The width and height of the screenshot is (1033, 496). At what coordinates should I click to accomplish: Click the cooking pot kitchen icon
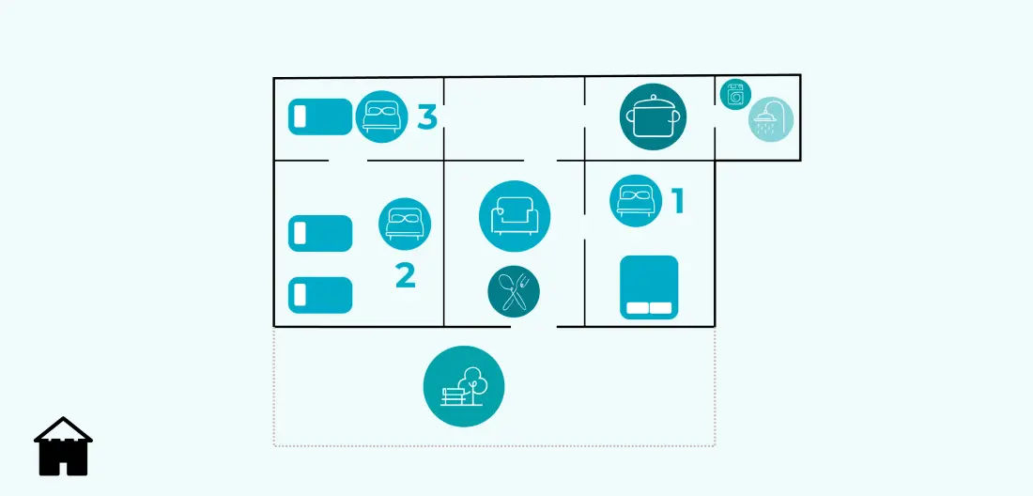pyautogui.click(x=653, y=116)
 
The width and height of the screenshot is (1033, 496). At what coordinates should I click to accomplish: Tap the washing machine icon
pyautogui.click(x=735, y=95)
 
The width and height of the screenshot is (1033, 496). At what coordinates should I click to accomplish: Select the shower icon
pyautogui.click(x=771, y=119)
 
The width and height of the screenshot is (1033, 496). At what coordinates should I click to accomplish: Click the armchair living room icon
pyautogui.click(x=515, y=216)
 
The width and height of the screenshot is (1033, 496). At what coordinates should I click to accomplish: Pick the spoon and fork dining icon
pyautogui.click(x=514, y=291)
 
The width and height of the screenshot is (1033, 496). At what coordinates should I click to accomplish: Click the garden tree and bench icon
pyautogui.click(x=464, y=387)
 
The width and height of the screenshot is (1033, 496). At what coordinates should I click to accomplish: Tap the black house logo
pyautogui.click(x=63, y=446)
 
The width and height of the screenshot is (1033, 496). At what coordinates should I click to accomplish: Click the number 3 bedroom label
pyautogui.click(x=427, y=117)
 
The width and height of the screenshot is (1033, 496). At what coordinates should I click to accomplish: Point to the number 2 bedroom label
pyautogui.click(x=405, y=276)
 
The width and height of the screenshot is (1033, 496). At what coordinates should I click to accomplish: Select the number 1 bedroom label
pyautogui.click(x=677, y=202)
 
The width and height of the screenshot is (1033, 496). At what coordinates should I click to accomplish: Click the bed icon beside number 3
pyautogui.click(x=381, y=116)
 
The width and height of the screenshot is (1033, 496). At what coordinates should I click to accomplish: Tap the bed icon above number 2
pyautogui.click(x=405, y=224)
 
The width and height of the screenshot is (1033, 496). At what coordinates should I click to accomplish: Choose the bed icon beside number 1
pyautogui.click(x=636, y=201)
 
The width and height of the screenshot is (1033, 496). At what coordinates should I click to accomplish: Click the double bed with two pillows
pyautogui.click(x=649, y=287)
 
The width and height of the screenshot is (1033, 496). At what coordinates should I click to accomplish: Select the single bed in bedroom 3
pyautogui.click(x=321, y=117)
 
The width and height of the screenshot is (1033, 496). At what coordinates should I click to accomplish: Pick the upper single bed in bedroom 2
pyautogui.click(x=321, y=233)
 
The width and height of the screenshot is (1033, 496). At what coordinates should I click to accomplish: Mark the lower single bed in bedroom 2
pyautogui.click(x=321, y=295)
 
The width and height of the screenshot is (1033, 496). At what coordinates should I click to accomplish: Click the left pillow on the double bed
pyautogui.click(x=637, y=308)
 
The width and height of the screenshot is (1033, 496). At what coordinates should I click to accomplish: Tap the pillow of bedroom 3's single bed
pyautogui.click(x=300, y=117)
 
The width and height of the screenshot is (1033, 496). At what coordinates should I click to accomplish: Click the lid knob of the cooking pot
pyautogui.click(x=653, y=97)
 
